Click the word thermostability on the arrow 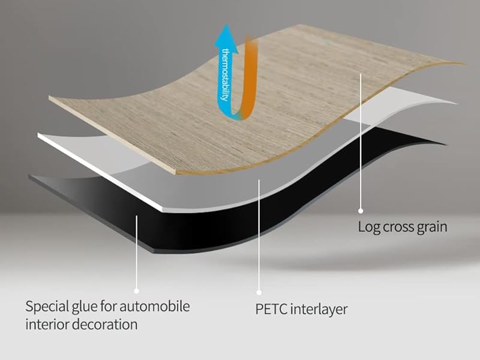[x=226, y=74]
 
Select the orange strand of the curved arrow [x=248, y=77]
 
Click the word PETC [x=271, y=309]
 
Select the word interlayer [x=319, y=309]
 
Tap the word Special [x=47, y=307]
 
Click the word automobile [x=155, y=307]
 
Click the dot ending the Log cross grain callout [x=361, y=211]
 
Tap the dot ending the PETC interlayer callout [x=259, y=293]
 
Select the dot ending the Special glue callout [x=137, y=291]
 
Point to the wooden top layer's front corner [x=176, y=174]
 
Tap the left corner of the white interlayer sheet [x=38, y=134]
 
